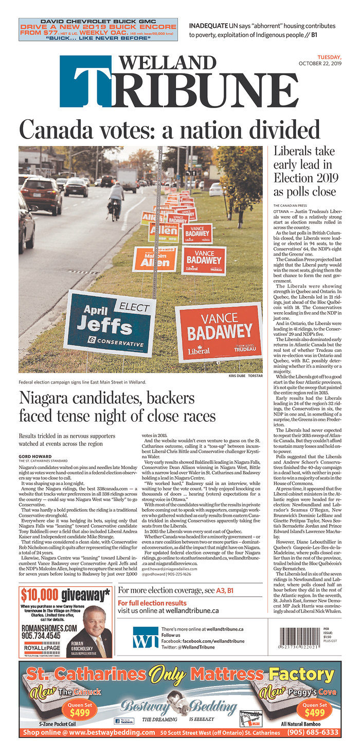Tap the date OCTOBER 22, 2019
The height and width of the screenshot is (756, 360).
point(320,64)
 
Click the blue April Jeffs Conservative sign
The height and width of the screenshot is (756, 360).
point(110,323)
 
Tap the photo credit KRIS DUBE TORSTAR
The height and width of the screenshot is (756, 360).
point(245,375)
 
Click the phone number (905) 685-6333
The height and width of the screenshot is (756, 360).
point(313,732)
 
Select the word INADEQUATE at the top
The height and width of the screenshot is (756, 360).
point(209,26)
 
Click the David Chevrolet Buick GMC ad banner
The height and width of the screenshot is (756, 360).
point(98,30)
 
